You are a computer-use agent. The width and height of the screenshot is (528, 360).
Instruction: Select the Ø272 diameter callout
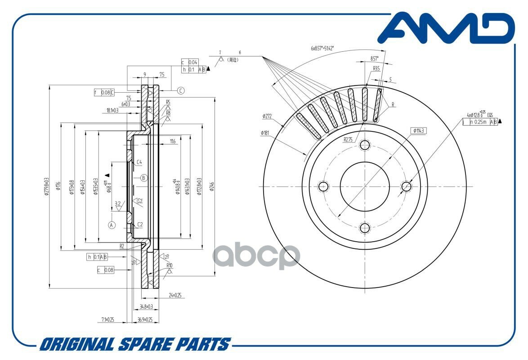(268, 116)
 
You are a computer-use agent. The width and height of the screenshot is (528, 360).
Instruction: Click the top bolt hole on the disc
(365, 145)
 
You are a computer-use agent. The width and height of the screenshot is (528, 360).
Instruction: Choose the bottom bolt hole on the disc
(365, 228)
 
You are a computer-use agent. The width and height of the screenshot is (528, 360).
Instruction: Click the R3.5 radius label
(376, 69)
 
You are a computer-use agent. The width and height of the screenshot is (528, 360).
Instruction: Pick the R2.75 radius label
(349, 139)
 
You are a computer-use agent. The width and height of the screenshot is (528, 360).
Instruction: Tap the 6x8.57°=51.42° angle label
(325, 48)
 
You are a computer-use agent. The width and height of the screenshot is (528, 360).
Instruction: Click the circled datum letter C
(180, 90)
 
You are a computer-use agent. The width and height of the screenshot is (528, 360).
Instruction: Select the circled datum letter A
(112, 225)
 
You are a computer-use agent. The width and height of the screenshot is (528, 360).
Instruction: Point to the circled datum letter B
(143, 178)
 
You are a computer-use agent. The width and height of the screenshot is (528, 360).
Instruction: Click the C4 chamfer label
(139, 162)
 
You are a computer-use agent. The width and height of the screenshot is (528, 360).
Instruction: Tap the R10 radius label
(169, 265)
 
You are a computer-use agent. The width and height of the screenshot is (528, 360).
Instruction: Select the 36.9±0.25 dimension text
(144, 320)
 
